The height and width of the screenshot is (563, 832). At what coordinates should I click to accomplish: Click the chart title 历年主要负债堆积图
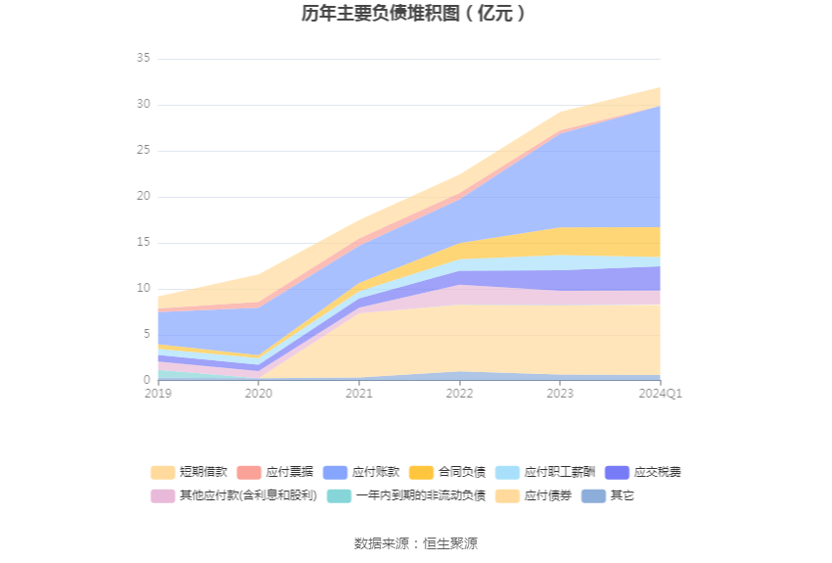(x=381, y=14)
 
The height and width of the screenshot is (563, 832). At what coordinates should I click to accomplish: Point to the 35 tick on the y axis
(x=143, y=58)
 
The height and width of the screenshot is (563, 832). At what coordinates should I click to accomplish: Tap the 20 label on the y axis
(x=143, y=197)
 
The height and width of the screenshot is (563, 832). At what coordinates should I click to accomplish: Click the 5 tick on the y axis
(x=147, y=334)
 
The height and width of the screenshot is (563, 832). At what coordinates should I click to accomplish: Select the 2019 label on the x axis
(x=159, y=394)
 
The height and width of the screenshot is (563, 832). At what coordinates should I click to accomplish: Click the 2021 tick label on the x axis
(x=359, y=394)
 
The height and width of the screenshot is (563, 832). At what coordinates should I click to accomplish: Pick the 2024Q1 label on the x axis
(x=660, y=394)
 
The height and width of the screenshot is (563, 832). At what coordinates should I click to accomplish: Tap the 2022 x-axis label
(x=459, y=394)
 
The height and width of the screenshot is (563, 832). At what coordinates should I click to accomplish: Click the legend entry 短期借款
(x=189, y=472)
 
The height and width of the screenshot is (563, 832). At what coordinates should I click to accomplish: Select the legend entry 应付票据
(x=275, y=472)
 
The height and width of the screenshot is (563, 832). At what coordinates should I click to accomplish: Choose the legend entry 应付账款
(x=361, y=472)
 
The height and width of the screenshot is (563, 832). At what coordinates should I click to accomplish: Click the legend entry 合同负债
(x=447, y=472)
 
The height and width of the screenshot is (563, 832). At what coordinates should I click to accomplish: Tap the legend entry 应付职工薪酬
(x=545, y=472)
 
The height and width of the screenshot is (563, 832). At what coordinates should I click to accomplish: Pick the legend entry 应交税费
(x=643, y=472)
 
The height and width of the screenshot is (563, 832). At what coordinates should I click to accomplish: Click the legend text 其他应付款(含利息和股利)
(x=249, y=495)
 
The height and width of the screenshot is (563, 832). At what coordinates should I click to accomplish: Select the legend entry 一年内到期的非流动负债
(x=406, y=495)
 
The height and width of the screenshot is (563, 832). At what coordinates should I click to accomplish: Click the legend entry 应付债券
(x=533, y=495)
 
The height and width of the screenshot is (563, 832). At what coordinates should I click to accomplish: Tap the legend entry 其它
(x=608, y=495)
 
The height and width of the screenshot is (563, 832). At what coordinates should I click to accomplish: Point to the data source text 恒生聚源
(x=450, y=543)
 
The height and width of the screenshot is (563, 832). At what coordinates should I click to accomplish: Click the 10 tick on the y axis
(x=143, y=288)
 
